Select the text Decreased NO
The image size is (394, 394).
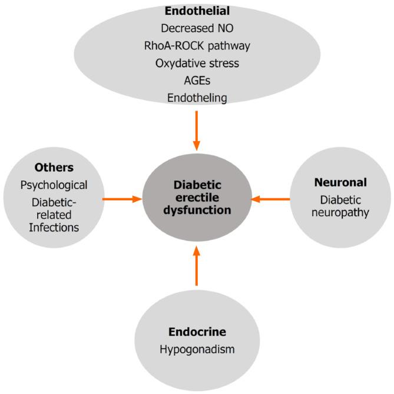(x=196, y=27)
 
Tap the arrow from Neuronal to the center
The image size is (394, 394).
(x=270, y=200)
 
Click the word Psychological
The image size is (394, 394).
(x=54, y=185)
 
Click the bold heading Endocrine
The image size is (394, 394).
(x=197, y=332)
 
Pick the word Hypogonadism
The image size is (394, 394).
(x=197, y=349)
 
